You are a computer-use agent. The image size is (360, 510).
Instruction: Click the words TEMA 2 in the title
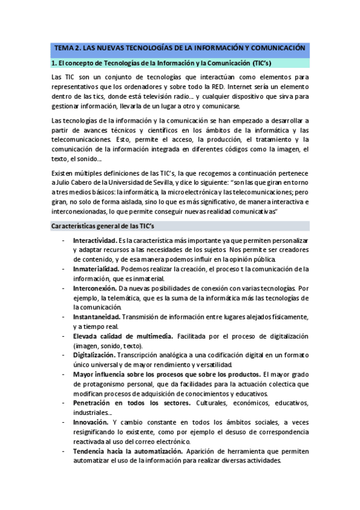(x=68, y=48)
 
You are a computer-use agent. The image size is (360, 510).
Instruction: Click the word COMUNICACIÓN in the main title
(x=277, y=48)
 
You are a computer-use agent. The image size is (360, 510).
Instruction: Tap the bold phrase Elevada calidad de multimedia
(x=123, y=336)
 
